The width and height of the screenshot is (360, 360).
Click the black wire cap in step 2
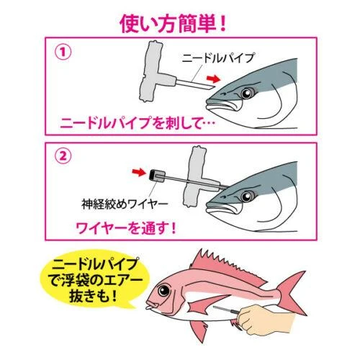point(154,174)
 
